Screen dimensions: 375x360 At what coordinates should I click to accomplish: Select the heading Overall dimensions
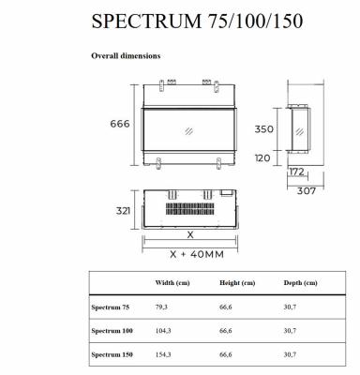click(x=126, y=56)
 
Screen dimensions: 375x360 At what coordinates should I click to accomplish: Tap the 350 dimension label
click(x=264, y=129)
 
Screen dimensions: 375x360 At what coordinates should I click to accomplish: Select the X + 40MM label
click(x=191, y=254)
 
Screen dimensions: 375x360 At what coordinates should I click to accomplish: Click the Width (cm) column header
click(x=171, y=282)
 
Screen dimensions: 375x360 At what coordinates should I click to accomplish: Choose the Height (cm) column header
click(x=236, y=282)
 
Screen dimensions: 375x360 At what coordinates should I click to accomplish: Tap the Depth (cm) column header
click(x=300, y=282)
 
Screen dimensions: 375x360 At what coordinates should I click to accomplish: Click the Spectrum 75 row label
click(x=110, y=306)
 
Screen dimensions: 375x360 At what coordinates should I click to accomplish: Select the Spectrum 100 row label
click(x=112, y=330)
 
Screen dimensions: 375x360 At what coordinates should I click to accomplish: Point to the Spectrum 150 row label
click(x=112, y=354)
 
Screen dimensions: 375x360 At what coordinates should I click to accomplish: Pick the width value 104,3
click(x=163, y=330)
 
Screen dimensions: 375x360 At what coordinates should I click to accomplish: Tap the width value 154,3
click(x=163, y=354)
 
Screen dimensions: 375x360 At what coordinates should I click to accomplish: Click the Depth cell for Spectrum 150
click(x=290, y=354)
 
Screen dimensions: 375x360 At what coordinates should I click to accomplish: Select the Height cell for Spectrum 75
click(x=226, y=306)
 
